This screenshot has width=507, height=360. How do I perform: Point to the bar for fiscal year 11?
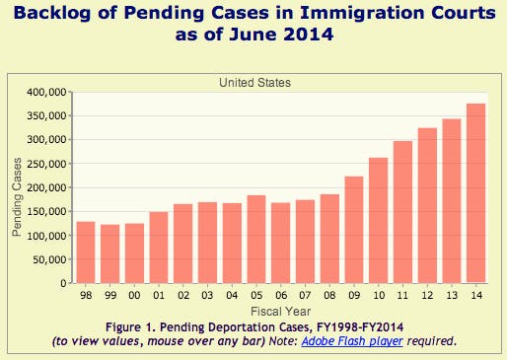[403, 212]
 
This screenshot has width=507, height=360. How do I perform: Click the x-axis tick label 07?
[306, 296]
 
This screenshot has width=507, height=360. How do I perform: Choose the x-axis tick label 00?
[135, 296]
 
